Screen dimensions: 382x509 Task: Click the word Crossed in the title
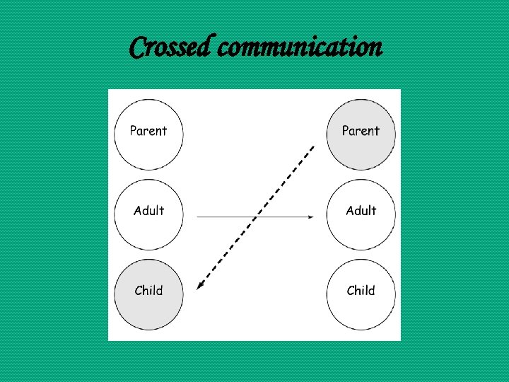point(170,48)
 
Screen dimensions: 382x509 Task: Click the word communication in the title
point(300,48)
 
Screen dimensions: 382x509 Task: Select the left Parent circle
point(148,134)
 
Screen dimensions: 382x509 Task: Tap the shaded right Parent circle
point(361,134)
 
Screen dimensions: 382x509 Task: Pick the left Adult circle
point(148,214)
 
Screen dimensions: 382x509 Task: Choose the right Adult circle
point(361,214)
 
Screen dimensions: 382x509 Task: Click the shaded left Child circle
point(148,294)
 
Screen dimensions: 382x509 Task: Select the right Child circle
point(361,294)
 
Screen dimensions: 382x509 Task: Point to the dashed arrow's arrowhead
point(199,286)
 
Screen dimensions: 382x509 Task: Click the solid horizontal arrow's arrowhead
point(312,216)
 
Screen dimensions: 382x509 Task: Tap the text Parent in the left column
point(148,131)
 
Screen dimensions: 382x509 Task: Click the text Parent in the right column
point(361,131)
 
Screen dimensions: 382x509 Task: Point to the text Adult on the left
point(148,211)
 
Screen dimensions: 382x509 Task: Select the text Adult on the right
point(361,211)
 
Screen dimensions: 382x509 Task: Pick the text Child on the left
point(148,291)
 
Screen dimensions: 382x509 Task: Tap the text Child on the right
point(361,291)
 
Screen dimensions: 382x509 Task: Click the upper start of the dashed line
point(313,146)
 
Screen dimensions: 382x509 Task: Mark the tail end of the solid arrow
point(197,216)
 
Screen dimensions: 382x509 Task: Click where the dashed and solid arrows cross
point(257,216)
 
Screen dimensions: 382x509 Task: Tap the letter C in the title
point(138,48)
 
